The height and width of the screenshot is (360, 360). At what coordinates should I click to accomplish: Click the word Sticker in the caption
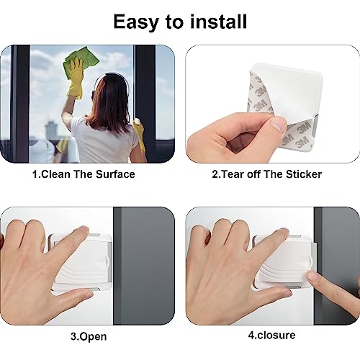(x=302, y=174)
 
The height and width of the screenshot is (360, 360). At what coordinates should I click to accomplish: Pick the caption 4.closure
(x=271, y=335)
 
